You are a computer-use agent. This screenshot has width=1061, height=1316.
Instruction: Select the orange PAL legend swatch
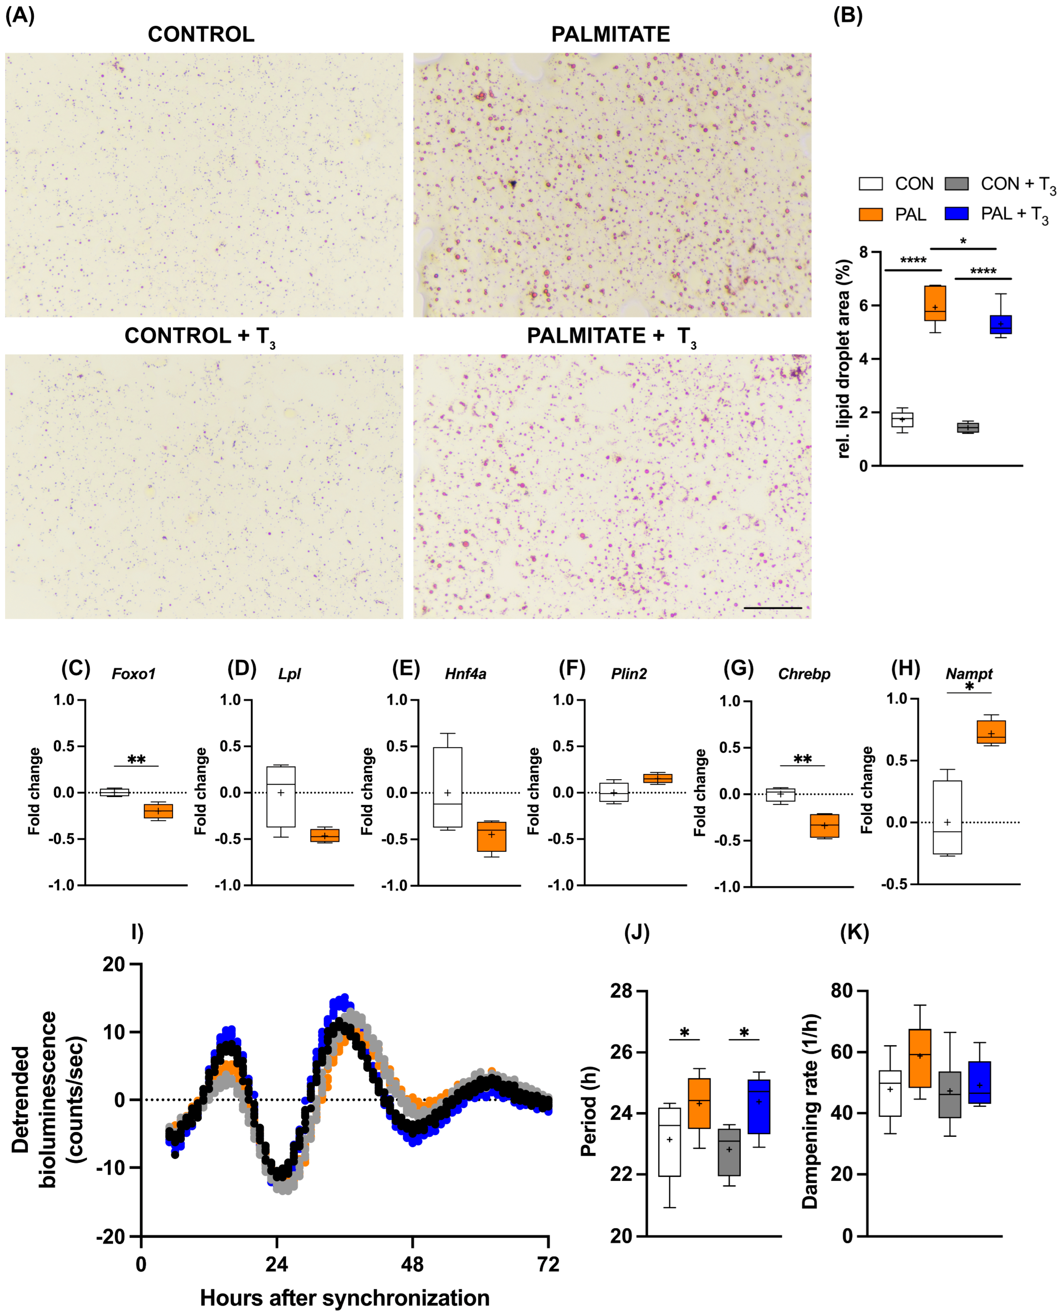coord(870,214)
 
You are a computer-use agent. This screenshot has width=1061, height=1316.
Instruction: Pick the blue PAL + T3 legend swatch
coord(956,213)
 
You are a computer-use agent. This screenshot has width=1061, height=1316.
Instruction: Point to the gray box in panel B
coord(967,427)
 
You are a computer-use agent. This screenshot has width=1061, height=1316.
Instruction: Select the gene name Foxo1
coord(133,674)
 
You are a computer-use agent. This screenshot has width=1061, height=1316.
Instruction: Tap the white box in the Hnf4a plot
coord(447,787)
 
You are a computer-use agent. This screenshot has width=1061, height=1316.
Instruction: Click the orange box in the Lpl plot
coord(324,835)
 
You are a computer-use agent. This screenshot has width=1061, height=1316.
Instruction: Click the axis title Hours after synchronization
coord(345,1298)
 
